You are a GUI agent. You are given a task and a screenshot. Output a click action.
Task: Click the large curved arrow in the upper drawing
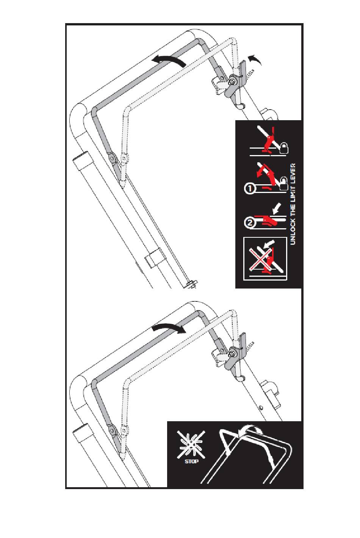[x=169, y=60]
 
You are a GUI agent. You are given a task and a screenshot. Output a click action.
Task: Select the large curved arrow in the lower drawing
[x=169, y=328]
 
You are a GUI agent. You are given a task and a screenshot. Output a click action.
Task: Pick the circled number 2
[x=249, y=223]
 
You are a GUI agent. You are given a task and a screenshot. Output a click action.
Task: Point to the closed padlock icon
[x=283, y=148]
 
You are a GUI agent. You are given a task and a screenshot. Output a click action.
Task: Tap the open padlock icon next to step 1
[x=283, y=183]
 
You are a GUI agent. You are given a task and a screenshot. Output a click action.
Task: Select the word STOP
[x=191, y=461]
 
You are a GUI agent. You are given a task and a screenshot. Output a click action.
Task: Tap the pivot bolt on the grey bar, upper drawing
[x=112, y=158]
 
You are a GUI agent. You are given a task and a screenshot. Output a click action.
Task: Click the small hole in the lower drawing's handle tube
[x=262, y=408]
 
